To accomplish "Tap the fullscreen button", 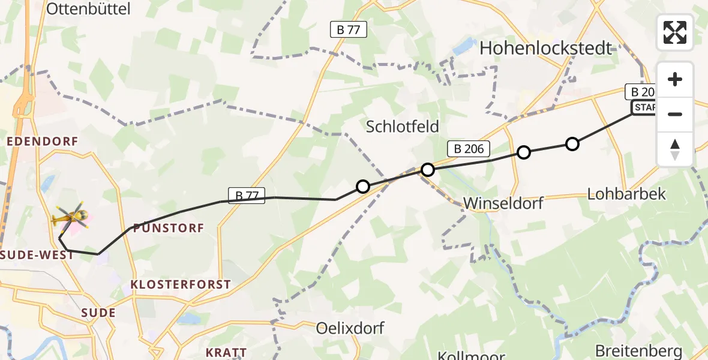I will (675, 32).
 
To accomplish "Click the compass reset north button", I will (675, 149).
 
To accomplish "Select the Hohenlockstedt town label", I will (546, 48).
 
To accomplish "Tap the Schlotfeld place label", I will (403, 127).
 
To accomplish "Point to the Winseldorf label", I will (503, 203).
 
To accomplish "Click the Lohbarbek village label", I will (626, 194).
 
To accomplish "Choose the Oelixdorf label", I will (350, 328).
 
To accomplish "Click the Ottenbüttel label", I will (88, 8).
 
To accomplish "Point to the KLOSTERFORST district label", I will (182, 284).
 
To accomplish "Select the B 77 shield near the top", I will (349, 29).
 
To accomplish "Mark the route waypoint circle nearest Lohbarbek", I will (572, 144).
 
